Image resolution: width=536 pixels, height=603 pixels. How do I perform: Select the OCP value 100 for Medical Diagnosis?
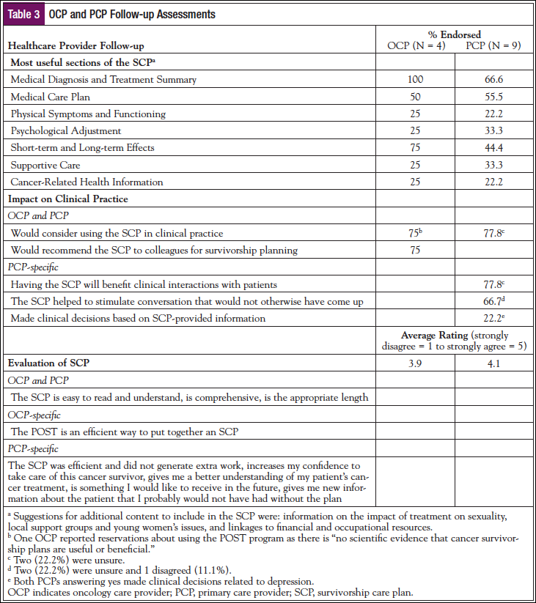[x=415, y=79]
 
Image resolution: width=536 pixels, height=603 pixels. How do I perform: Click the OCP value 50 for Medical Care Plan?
[x=415, y=97]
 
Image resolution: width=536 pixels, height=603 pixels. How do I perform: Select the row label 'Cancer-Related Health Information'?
[x=87, y=182]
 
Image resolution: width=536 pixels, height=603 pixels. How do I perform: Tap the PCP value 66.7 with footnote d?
[x=492, y=301]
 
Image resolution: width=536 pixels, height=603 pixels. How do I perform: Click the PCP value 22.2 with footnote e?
[x=492, y=318]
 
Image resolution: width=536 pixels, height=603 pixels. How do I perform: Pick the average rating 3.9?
[x=415, y=363]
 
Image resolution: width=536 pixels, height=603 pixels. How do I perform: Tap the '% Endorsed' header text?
[x=455, y=34]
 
